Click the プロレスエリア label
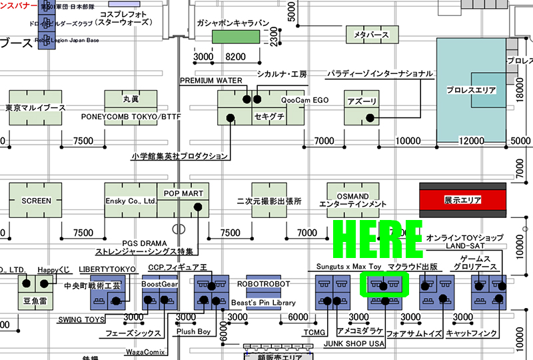pyautogui.click(x=472, y=89)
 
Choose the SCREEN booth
pyautogui.click(x=36, y=201)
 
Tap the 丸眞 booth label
pyautogui.click(x=131, y=99)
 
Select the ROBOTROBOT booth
pyautogui.click(x=264, y=283)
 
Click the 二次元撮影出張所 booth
pyautogui.click(x=269, y=201)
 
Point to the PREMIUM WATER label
pyautogui.click(x=211, y=81)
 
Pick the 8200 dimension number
pyautogui.click(x=237, y=57)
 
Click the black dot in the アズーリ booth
pyautogui.click(x=368, y=118)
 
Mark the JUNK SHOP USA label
pyautogui.click(x=354, y=343)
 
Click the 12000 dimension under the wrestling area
pyautogui.click(x=472, y=141)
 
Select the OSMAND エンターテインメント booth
pyautogui.click(x=352, y=200)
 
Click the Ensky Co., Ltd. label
pyautogui.click(x=131, y=201)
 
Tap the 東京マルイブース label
pyautogui.click(x=35, y=108)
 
